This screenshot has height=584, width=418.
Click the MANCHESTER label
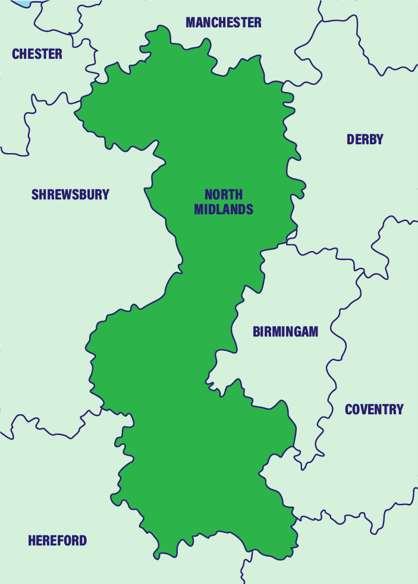(223, 23)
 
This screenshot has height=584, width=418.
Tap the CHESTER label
(37, 54)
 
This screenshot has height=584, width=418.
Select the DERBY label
(364, 139)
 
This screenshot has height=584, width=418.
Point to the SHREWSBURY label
(70, 194)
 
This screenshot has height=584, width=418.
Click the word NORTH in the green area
(224, 195)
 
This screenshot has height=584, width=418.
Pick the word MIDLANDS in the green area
(224, 210)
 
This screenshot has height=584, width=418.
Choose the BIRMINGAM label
(285, 332)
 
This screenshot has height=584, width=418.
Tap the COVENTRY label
(374, 409)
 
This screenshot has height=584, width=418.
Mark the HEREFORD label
(57, 541)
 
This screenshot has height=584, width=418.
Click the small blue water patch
(23, 3)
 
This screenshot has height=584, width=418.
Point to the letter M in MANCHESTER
(191, 23)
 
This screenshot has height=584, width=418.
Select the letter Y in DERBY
(379, 139)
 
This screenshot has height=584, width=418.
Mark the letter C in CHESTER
(16, 54)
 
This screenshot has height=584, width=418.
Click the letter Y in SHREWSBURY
(106, 194)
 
